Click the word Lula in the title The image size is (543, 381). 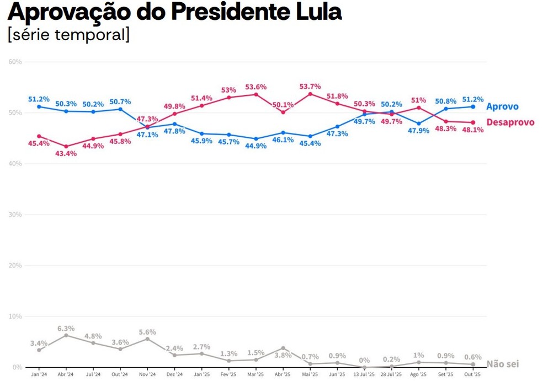point(317,12)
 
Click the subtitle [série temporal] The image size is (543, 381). point(68,34)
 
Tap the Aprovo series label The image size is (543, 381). point(502,106)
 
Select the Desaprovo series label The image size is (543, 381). point(510,122)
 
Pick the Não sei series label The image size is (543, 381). point(502,364)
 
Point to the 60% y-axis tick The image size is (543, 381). point(15,62)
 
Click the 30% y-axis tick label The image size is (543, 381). point(15,214)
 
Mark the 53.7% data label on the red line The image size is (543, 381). point(310,87)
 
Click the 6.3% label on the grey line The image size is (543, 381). point(66,329)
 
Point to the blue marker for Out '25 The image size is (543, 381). point(473,106)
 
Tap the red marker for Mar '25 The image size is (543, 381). point(256,94)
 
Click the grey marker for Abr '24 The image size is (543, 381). point(66,335)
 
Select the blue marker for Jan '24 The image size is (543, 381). point(39,106)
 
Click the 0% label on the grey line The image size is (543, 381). point(364,361)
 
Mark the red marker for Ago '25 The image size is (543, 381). point(419,108)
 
